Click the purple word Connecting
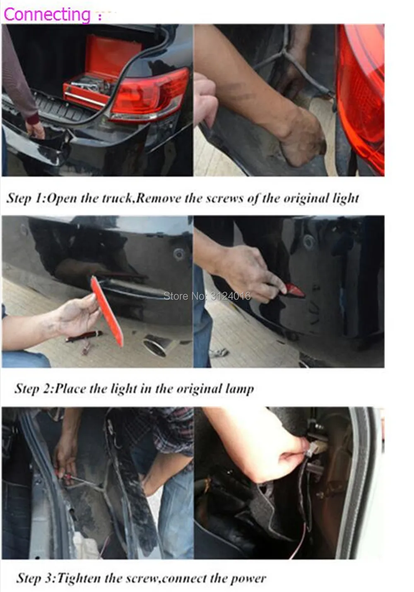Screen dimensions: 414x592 click(47, 14)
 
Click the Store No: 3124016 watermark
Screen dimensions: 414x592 click(207, 296)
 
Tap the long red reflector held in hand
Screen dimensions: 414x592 click(107, 312)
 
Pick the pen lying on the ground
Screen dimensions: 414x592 click(84, 336)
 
